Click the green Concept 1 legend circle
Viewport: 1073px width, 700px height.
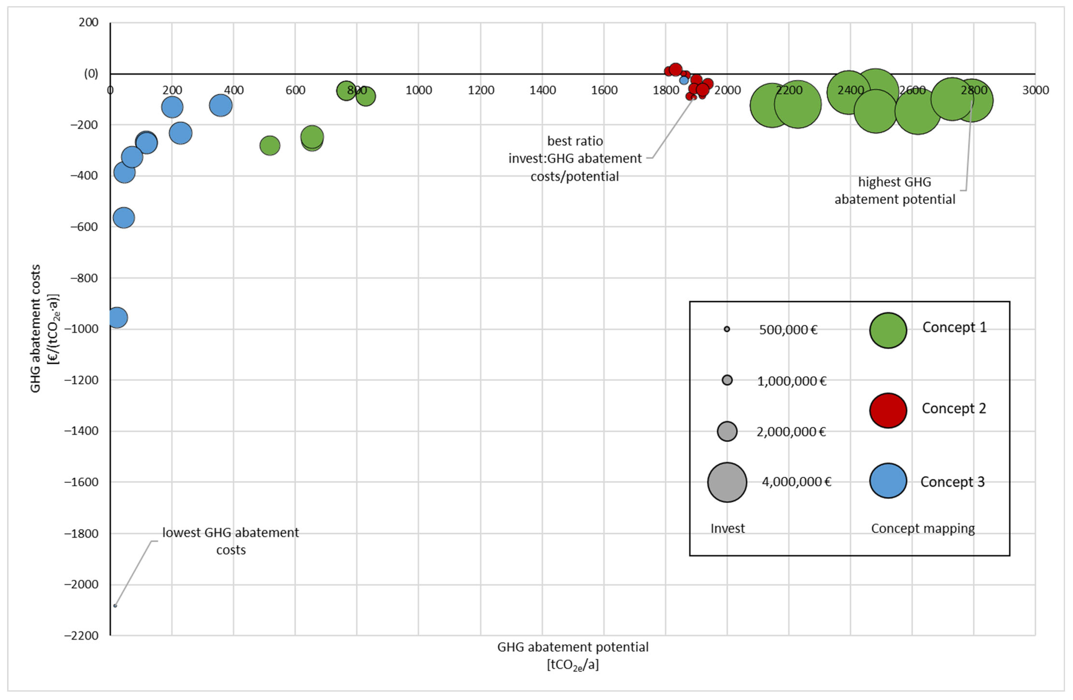888,331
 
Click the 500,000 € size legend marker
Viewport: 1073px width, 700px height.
727,329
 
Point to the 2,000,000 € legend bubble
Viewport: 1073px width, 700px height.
727,431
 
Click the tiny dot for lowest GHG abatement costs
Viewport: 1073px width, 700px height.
115,606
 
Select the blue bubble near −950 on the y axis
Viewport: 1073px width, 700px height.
117,318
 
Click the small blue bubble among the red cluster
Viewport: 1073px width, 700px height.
684,80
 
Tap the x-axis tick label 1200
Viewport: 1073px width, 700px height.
481,90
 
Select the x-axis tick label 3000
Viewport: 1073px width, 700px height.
1035,90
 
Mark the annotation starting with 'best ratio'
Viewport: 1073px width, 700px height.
575,158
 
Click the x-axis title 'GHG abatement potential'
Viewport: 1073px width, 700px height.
572,647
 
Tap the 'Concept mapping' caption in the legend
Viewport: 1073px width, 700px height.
922,528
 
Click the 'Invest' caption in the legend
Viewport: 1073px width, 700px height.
727,528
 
